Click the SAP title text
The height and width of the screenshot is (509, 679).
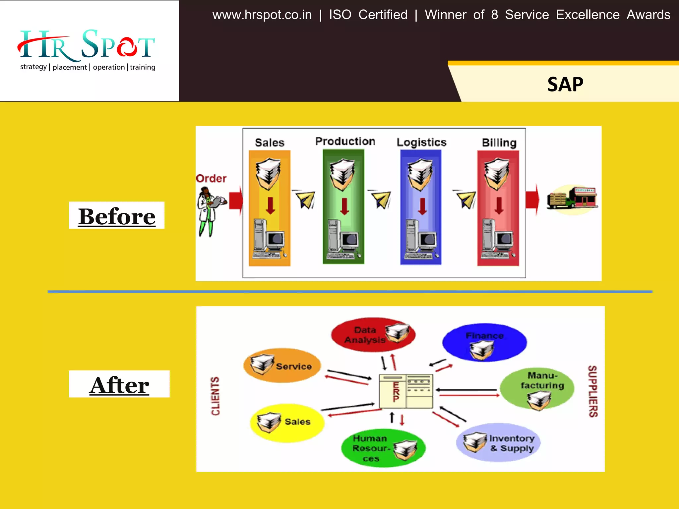(565, 85)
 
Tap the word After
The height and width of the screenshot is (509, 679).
(119, 385)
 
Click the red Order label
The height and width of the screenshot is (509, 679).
(211, 179)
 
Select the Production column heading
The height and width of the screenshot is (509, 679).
(345, 141)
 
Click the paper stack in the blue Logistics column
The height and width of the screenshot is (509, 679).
(420, 174)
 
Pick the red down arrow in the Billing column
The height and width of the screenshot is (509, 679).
(499, 205)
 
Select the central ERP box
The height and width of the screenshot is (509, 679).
(406, 391)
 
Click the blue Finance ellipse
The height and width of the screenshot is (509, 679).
(484, 342)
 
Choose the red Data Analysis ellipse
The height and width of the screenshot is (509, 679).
(373, 335)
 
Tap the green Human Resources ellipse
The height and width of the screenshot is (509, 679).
(383, 448)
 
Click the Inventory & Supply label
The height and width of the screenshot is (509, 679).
(512, 443)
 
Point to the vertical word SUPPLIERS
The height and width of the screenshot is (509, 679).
(593, 391)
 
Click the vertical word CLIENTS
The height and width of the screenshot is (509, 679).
(216, 396)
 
